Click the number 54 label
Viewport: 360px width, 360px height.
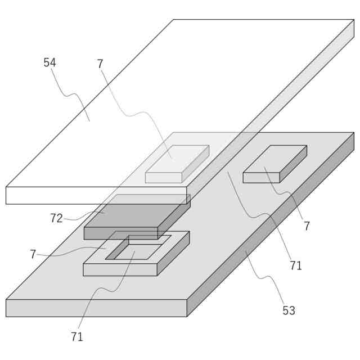pos(49,62)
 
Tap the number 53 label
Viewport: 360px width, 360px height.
pos(289,310)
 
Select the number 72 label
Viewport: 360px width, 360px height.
pos(56,218)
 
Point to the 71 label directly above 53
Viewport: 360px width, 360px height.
pos(296,265)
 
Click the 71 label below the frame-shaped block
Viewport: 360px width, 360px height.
pos(77,336)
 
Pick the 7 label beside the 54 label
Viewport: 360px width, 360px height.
pos(100,64)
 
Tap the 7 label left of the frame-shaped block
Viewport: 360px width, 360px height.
pos(33,254)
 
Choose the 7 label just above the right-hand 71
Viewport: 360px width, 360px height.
pos(307,226)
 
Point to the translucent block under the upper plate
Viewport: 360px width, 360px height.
pos(177,163)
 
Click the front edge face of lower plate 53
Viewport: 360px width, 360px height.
pos(96,308)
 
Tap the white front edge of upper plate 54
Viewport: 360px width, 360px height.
pos(96,195)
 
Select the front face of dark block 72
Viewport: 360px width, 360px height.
pos(120,233)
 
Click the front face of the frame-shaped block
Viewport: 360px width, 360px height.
pos(120,269)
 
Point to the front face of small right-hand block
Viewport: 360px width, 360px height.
pos(261,178)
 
